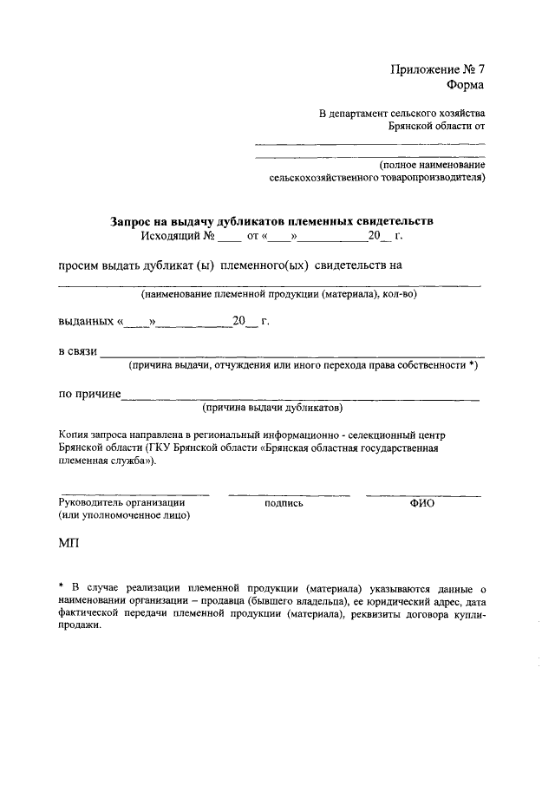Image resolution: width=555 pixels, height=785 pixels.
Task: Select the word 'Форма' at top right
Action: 466,85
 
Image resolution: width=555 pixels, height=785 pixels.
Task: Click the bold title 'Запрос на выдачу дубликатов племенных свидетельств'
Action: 271,221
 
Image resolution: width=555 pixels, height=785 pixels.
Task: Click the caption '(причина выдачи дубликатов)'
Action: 272,408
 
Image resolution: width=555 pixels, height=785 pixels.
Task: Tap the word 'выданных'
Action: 86,322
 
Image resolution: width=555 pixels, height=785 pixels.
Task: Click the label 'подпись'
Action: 284,502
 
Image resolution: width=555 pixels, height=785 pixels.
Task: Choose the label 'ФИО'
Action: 422,502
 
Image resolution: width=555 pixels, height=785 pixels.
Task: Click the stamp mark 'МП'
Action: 69,543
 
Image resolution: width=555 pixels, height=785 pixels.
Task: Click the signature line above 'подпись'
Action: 289,494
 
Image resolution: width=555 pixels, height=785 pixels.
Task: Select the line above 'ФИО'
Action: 423,494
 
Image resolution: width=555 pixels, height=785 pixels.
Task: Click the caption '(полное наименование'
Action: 432,165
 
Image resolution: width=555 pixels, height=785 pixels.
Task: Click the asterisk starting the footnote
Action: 62,587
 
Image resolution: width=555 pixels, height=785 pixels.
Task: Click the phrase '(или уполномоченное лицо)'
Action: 124,515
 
